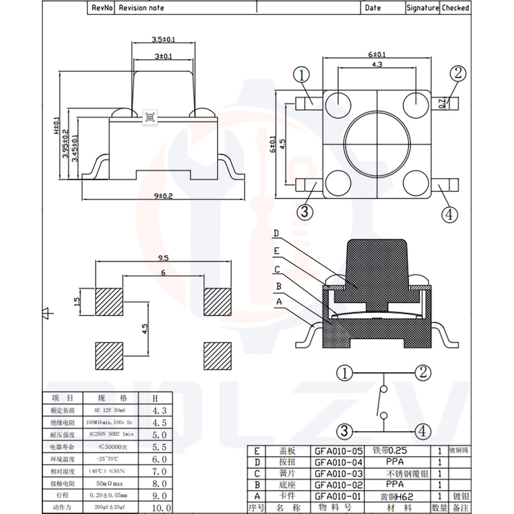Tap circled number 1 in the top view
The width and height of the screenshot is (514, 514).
[302, 75]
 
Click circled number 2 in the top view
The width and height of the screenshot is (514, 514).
[457, 72]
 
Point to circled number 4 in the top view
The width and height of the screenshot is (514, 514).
[450, 213]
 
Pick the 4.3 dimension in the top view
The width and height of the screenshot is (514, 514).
[377, 65]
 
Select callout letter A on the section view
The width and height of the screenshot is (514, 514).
[278, 301]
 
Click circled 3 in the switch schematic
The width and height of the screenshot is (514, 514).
[345, 431]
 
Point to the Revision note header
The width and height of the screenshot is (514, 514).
[141, 8]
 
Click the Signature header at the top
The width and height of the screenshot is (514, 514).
[421, 8]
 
